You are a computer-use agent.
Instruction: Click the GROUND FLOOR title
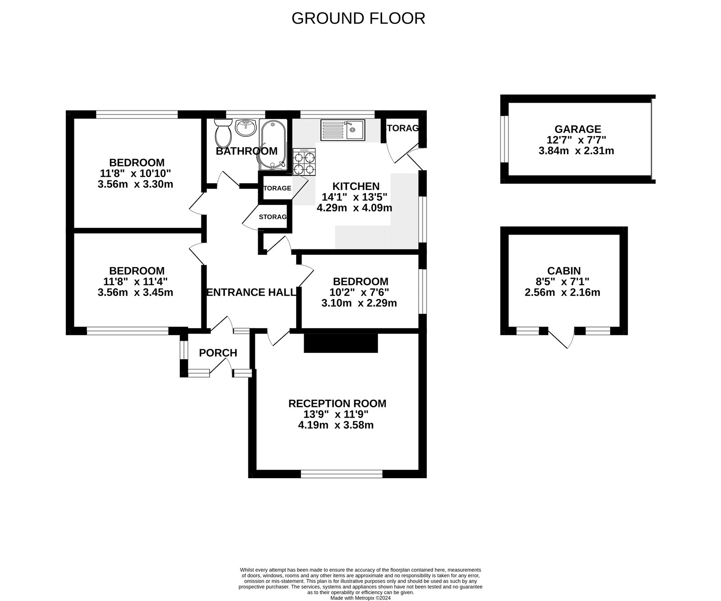(x=358, y=18)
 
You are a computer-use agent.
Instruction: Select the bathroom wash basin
(x=246, y=128)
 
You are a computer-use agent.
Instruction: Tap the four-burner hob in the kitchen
(x=305, y=162)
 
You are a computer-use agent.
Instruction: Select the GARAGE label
(x=578, y=130)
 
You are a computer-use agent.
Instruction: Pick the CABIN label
(x=564, y=271)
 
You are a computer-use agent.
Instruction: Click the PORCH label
(x=218, y=353)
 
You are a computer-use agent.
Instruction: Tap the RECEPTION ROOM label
(x=338, y=403)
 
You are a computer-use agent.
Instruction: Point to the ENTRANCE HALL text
(x=251, y=292)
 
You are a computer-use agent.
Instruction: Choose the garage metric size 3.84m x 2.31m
(x=576, y=151)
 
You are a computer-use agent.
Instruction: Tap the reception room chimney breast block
(x=341, y=343)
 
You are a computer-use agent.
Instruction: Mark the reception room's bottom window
(x=341, y=474)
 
